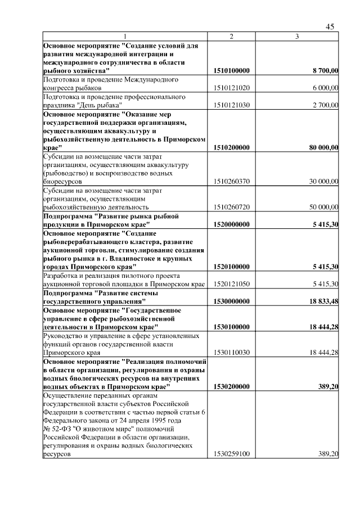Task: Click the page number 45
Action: pos(330,27)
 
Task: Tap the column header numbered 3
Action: pos(298,37)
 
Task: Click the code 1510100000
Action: pos(232,71)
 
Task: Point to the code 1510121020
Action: pos(232,88)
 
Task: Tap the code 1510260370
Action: pos(232,182)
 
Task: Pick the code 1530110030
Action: pos(232,352)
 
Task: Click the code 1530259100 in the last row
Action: pos(232,453)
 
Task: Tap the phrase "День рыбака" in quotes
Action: pos(99,106)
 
